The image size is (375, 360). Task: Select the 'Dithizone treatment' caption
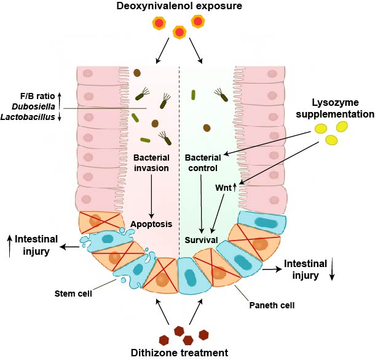click(178, 352)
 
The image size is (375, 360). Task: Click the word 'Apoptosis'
click(151, 225)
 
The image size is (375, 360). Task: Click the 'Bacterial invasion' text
click(151, 163)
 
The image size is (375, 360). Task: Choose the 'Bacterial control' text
click(202, 163)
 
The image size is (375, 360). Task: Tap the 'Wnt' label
click(223, 188)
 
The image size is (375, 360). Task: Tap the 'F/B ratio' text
click(36, 97)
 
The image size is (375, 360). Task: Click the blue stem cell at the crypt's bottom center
click(187, 280)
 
